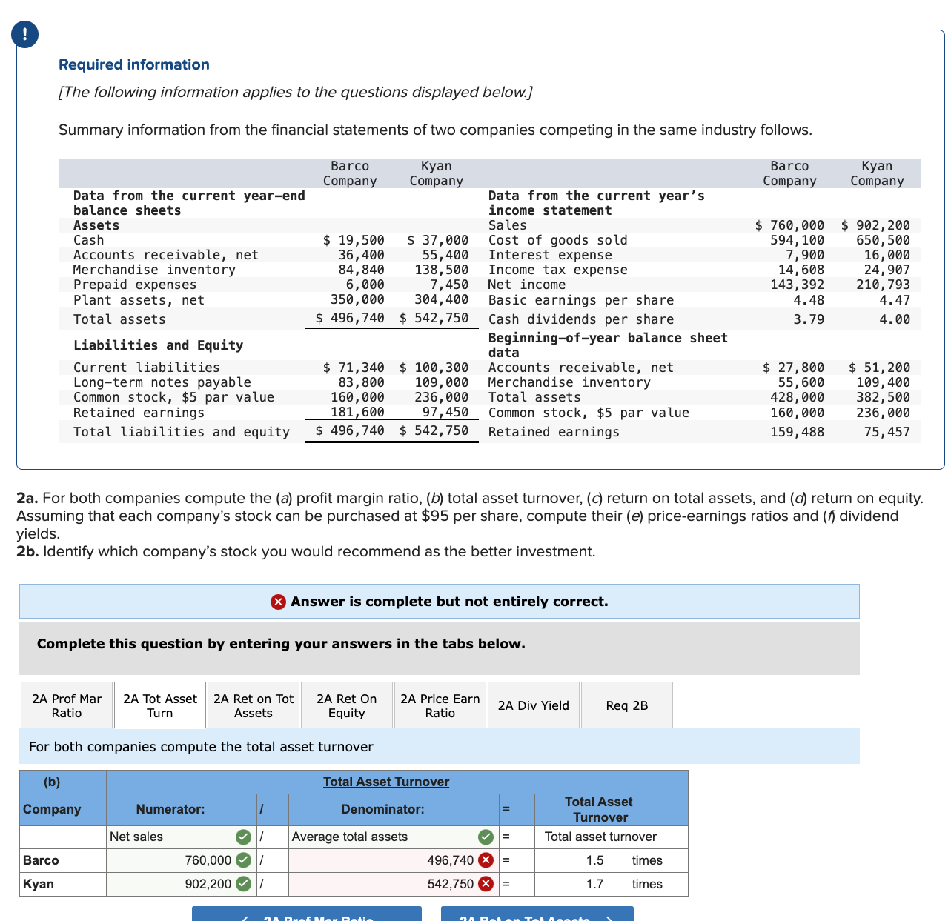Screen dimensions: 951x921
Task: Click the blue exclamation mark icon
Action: tap(25, 34)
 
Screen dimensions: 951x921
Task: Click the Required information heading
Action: tap(134, 64)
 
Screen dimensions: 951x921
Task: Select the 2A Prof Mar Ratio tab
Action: tap(67, 705)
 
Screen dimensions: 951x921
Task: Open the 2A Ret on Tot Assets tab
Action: tap(254, 705)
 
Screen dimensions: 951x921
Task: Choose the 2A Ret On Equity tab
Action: tap(346, 705)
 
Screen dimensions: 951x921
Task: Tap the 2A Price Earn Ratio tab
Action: tap(440, 705)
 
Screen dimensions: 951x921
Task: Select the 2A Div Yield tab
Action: tap(533, 705)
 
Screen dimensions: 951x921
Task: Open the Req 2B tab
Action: tap(626, 705)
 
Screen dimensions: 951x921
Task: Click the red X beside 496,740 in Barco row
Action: tap(486, 860)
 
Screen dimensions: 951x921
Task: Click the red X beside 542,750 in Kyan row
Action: tap(486, 883)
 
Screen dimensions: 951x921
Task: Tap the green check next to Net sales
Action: tap(243, 837)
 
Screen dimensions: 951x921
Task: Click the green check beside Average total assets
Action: tap(486, 837)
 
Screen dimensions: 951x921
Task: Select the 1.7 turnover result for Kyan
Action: tap(594, 883)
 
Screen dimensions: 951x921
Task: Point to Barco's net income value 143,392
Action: tap(797, 285)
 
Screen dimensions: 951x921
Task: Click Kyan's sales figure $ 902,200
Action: tap(875, 225)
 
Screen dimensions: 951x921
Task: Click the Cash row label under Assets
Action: tap(88, 240)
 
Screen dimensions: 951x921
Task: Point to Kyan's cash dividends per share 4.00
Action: tap(895, 319)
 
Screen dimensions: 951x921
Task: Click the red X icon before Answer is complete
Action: tap(278, 602)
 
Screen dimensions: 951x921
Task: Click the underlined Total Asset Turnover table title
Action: tap(385, 781)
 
